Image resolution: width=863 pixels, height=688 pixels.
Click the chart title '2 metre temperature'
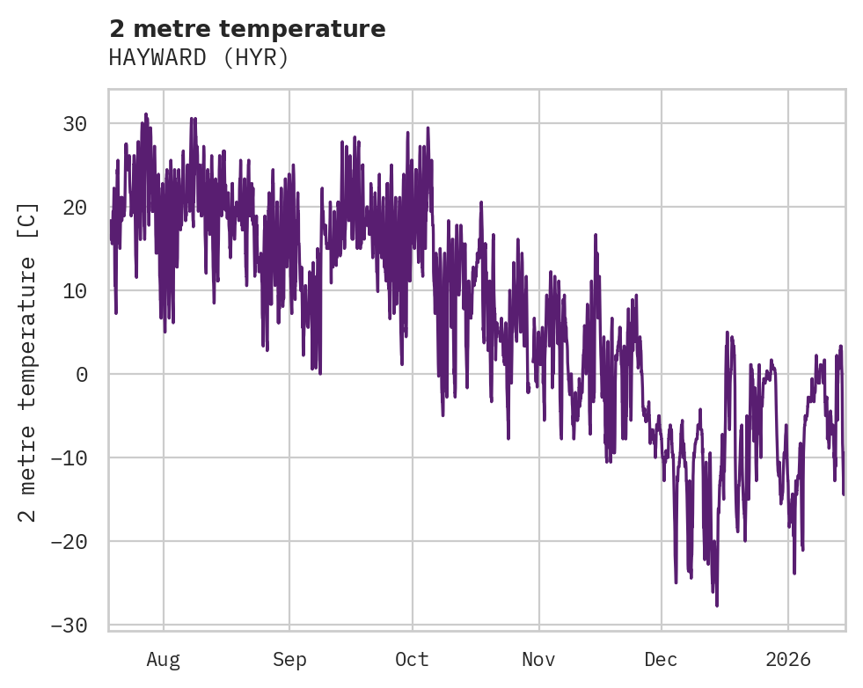click(x=247, y=29)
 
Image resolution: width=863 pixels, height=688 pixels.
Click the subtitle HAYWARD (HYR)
click(x=199, y=58)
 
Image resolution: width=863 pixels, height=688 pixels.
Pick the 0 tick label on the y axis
click(x=81, y=374)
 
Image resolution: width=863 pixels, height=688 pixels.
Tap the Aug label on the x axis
click(x=163, y=659)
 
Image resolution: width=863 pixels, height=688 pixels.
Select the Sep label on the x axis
click(x=289, y=659)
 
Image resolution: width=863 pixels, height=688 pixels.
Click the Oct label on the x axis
click(x=412, y=659)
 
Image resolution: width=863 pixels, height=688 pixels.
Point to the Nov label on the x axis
click(x=538, y=659)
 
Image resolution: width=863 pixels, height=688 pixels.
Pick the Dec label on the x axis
click(x=662, y=659)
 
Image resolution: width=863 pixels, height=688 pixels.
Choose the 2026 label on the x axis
click(x=788, y=659)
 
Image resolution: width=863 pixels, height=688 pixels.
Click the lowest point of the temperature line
click(x=717, y=605)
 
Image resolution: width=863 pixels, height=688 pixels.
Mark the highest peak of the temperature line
click(x=146, y=114)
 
